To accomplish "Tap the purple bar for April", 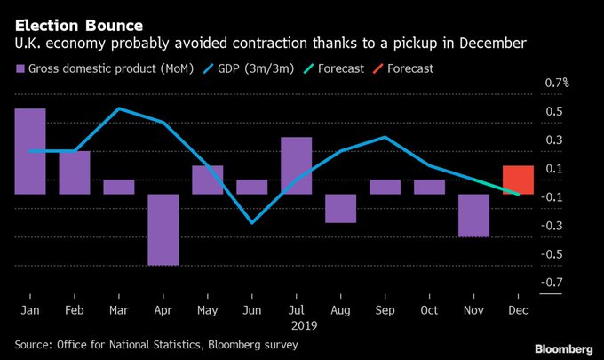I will coord(163,229).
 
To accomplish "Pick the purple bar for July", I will coord(297,165).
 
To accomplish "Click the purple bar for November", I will coord(474,215).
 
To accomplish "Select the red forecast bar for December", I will coord(518,180).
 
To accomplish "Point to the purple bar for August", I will coord(341,208).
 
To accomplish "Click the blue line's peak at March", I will coord(119,108).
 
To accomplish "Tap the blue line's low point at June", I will coord(252,222).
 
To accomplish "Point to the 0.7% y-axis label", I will coord(557,83).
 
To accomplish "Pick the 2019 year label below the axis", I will coord(297,325).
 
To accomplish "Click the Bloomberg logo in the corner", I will coord(564,345).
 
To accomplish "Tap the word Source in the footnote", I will coord(36,343).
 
